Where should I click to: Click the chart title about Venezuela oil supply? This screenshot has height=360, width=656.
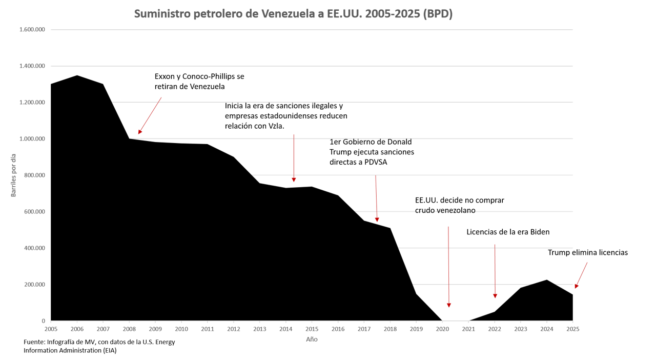coord(293,14)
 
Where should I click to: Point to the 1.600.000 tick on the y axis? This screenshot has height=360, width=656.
coord(32,30)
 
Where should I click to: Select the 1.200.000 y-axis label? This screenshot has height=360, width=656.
coord(32,103)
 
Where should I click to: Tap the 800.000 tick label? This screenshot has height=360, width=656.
coord(35,175)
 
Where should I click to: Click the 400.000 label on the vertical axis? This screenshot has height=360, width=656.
coord(35,248)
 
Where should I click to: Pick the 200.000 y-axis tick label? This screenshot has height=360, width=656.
coord(35,285)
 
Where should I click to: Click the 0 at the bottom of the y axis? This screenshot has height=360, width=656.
coord(44,321)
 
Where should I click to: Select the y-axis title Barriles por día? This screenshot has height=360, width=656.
coord(14,175)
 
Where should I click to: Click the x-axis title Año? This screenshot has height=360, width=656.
coord(312,339)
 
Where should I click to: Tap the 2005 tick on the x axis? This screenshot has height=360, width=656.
coord(51,329)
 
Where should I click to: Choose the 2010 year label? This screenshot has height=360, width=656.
coord(181,329)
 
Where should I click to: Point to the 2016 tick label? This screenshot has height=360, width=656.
coord(338,329)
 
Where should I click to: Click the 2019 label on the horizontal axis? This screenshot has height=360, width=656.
coord(416,329)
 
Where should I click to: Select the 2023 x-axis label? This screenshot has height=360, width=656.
coord(521,329)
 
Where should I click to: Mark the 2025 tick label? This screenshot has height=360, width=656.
coord(573,329)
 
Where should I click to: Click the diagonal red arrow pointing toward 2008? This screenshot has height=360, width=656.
coord(150,115)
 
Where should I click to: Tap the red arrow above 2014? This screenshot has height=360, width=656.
coord(294,158)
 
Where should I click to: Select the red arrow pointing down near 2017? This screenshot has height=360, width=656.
coord(376,198)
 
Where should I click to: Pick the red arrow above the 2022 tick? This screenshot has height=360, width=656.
coord(495,271)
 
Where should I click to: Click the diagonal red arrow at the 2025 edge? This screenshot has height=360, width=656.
coord(581,275)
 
